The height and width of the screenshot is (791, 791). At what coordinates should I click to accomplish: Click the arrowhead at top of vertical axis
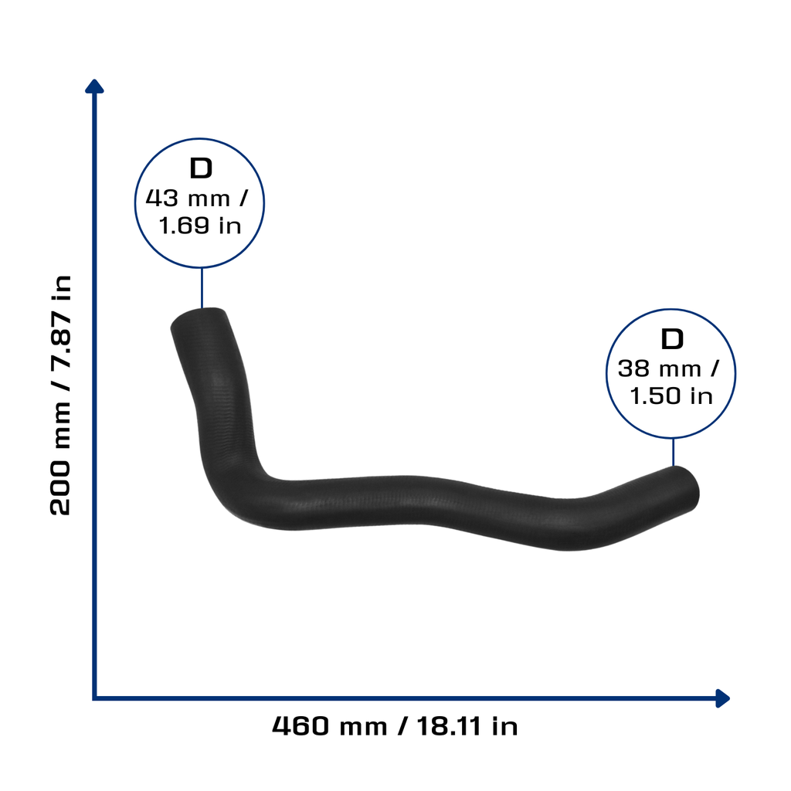94,87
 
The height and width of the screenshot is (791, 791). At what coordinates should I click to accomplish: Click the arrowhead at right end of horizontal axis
723,698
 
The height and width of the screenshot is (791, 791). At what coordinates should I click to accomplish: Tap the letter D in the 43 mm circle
201,168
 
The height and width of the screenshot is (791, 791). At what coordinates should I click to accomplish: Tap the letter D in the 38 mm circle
672,339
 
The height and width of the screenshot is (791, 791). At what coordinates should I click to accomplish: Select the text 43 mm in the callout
188,199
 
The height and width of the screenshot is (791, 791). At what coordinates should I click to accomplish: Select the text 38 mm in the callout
660,368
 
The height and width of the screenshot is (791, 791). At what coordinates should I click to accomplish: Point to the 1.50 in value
671,395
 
